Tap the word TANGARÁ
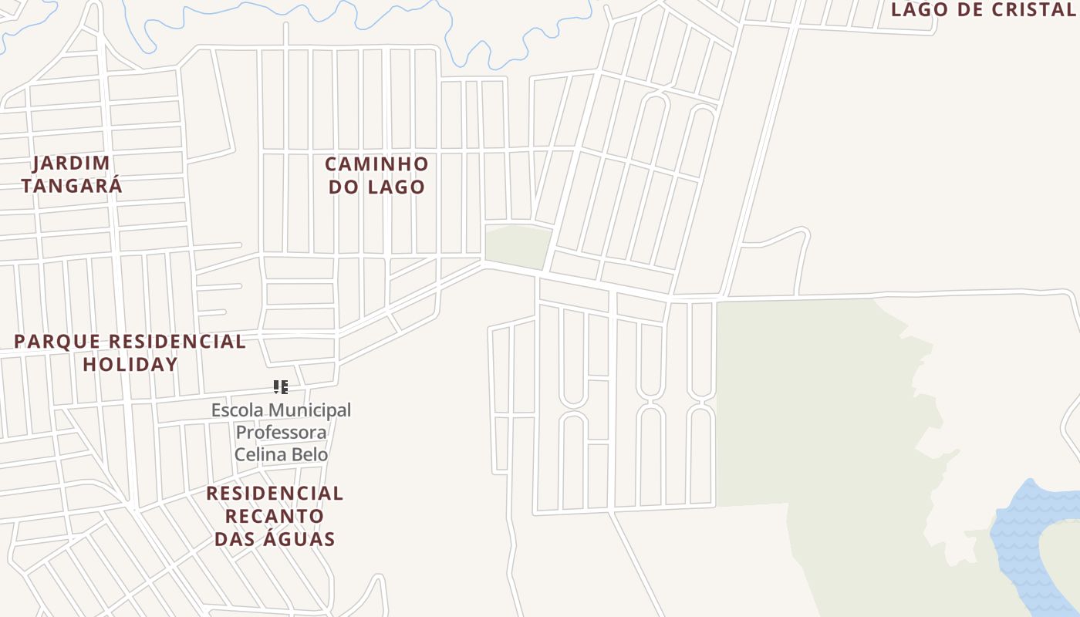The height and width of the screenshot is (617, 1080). (x=72, y=186)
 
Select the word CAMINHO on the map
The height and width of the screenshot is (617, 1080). (x=376, y=164)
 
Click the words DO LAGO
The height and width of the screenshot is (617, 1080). (x=376, y=187)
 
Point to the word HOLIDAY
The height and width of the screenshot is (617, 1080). (x=130, y=364)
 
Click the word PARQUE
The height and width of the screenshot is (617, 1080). (x=57, y=341)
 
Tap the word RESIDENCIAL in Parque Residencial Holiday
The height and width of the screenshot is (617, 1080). (x=177, y=341)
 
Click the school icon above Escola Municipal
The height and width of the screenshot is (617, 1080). (x=281, y=386)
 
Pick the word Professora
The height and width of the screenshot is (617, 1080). (x=281, y=432)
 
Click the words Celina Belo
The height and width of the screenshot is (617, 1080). (x=281, y=454)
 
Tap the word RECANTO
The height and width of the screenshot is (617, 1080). (x=275, y=515)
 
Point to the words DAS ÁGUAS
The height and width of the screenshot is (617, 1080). (x=275, y=538)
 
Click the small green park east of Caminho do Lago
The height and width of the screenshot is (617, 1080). (x=517, y=244)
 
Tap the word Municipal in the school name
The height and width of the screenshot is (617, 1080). (x=309, y=410)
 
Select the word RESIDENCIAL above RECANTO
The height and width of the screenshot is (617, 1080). (x=275, y=493)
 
